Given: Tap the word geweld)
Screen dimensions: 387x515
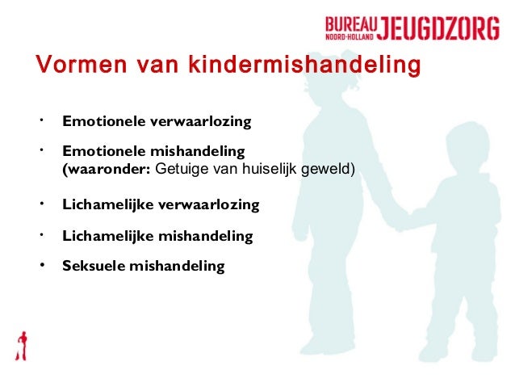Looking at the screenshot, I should (333, 170).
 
